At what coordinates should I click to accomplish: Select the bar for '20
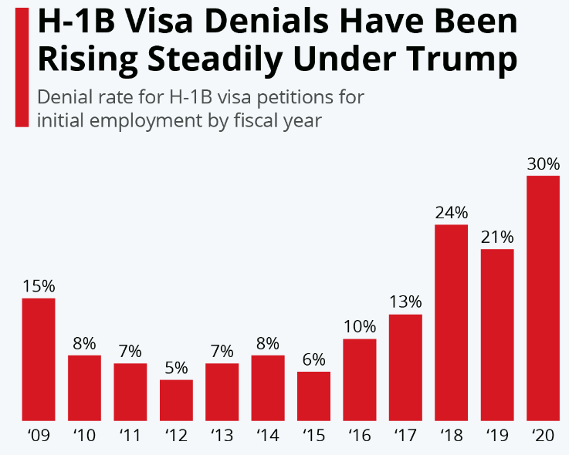tap(543, 299)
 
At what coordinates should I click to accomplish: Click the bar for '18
tap(451, 323)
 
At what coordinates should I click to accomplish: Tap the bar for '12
tap(176, 400)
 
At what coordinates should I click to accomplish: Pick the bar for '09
tap(39, 359)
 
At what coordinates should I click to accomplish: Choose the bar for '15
tap(313, 396)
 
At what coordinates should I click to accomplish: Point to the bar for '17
tap(405, 368)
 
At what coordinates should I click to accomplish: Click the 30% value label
tap(543, 163)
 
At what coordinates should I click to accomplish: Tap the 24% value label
tap(451, 212)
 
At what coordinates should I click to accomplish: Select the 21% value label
tap(497, 237)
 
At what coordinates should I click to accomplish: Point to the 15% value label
tap(39, 285)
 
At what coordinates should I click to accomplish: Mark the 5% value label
tap(176, 367)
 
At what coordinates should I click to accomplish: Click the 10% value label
tap(360, 326)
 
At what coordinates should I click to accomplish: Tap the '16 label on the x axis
tap(359, 436)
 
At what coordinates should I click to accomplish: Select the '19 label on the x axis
tap(497, 436)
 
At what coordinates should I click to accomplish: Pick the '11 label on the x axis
tap(130, 436)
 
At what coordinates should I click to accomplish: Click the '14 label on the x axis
tap(267, 436)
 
